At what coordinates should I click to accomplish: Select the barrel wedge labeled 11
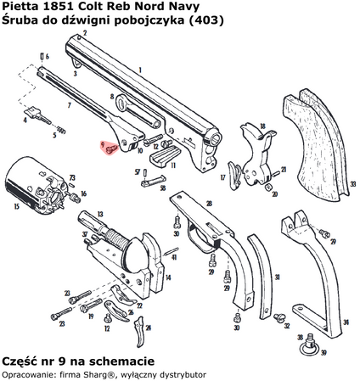(x=161, y=157)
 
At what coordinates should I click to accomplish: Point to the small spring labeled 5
(x=60, y=131)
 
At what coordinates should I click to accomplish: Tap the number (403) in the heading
(x=210, y=21)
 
